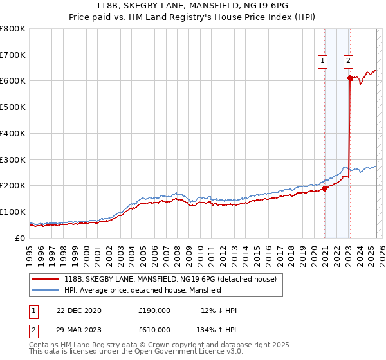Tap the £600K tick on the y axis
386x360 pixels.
pos(13,81)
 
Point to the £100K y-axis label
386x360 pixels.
pos(13,212)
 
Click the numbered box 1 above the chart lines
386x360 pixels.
pos(322,61)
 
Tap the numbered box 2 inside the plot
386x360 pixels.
pos(347,61)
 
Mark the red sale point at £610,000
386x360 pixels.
pos(350,78)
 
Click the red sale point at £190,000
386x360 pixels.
pos(324,188)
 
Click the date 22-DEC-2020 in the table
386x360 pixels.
pos(79,310)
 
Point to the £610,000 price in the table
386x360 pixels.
pos(154,330)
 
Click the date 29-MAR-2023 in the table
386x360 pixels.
pos(79,330)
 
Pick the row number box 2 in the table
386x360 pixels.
pos(33,330)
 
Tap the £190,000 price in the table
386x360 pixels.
pos(154,310)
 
